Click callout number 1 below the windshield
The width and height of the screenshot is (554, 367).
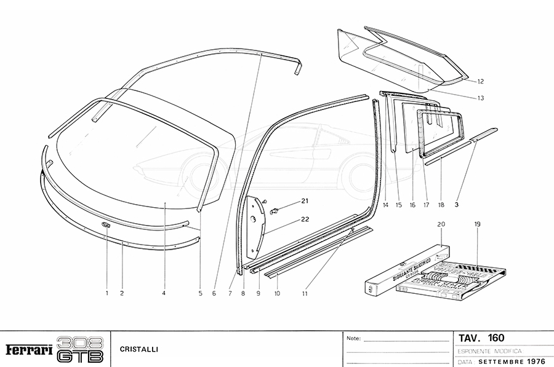(x=106, y=293)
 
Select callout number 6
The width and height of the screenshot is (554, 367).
(x=214, y=293)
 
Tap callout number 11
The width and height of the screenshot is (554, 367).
(x=304, y=293)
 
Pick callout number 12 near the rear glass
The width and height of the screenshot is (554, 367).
(x=481, y=81)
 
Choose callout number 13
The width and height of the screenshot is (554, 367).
(x=481, y=98)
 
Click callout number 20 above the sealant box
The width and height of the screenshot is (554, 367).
(x=441, y=224)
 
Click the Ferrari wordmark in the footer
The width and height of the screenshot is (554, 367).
(x=28, y=349)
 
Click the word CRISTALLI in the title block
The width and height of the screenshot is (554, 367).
(x=139, y=349)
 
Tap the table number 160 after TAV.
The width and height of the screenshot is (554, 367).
(x=495, y=337)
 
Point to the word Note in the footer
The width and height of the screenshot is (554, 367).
(x=353, y=339)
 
